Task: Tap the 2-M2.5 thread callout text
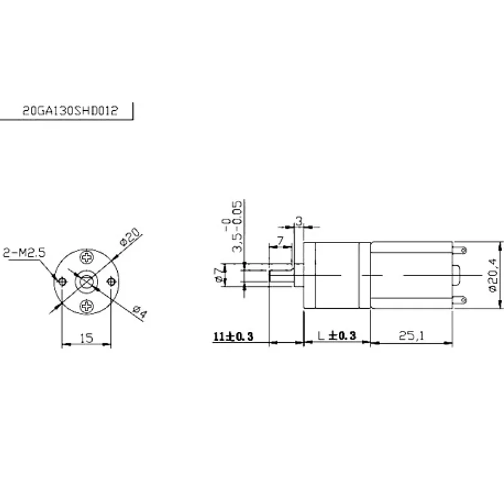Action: pos(24,253)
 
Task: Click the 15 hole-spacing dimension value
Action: pos(86,338)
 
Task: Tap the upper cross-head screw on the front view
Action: pos(86,258)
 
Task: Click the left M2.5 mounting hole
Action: pos(62,282)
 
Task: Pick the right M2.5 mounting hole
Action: pos(111,282)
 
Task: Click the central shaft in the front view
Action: pos(86,282)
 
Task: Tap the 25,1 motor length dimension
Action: pos(410,336)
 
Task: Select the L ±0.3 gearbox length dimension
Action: pos(336,336)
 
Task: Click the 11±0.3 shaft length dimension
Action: pos(233,336)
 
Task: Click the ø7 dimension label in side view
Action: pos(218,273)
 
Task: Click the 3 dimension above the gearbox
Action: pos(299,220)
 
